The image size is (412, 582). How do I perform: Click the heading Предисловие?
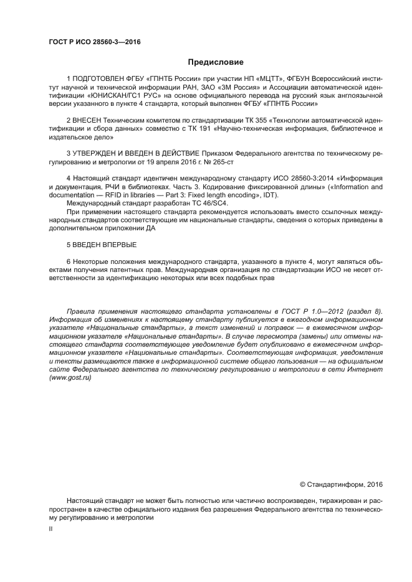(x=206, y=62)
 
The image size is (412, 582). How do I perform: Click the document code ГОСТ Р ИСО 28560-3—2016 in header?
(x=94, y=42)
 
